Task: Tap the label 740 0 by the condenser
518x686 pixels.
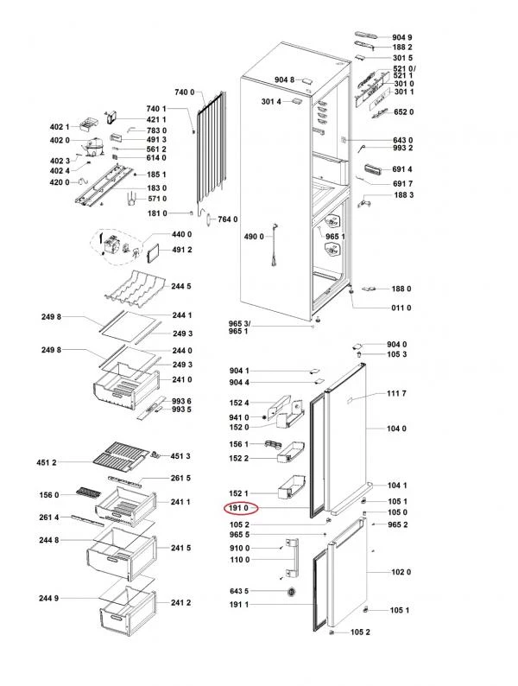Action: (x=186, y=92)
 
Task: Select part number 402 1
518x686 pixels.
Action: (x=60, y=127)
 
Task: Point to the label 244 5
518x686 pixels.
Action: (x=181, y=286)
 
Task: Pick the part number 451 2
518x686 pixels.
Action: (x=47, y=462)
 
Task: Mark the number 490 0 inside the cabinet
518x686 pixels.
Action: (x=252, y=236)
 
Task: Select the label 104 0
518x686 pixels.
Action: (x=396, y=429)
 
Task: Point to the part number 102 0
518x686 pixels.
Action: (x=401, y=572)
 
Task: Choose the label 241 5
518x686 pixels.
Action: (x=181, y=548)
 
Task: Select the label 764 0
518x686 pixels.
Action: (x=227, y=219)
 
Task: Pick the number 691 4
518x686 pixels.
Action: (x=403, y=169)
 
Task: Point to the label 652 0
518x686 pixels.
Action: (x=403, y=111)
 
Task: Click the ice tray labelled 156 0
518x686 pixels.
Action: (x=88, y=493)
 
